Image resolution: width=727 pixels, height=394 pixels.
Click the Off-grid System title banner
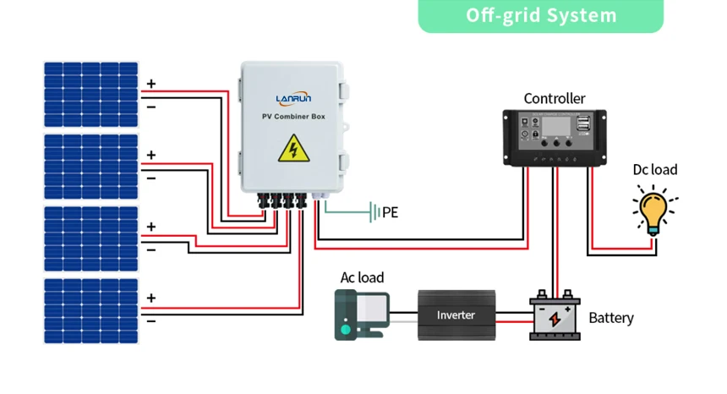[x=541, y=16]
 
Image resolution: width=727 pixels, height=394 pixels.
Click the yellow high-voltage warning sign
[x=293, y=150]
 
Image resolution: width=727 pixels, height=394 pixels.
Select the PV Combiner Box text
[x=293, y=115]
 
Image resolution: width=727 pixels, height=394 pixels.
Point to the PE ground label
[x=390, y=213]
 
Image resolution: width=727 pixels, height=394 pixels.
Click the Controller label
[x=554, y=99]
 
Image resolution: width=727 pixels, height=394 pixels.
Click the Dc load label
[x=655, y=170]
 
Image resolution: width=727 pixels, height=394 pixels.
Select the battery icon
[x=555, y=317]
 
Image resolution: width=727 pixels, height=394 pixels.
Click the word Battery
[x=611, y=318]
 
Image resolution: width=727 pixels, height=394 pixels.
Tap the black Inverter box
[x=456, y=315]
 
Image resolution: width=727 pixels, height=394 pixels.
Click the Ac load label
[x=362, y=277]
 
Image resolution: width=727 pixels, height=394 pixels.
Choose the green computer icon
[x=359, y=315]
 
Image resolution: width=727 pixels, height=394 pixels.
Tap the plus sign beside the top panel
[x=151, y=84]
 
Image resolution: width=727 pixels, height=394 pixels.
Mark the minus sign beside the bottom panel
[x=151, y=321]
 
